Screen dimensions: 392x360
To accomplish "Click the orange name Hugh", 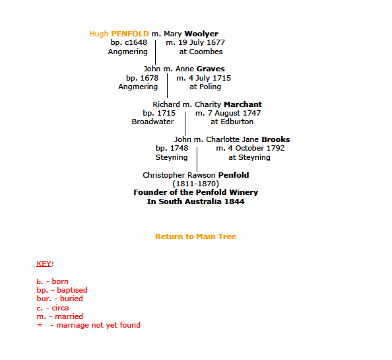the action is pos(99,34).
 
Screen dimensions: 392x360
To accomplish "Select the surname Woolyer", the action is pos(201,34).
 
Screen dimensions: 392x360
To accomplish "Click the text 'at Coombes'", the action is pos(201,52).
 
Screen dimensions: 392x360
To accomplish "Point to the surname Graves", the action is pos(211,69).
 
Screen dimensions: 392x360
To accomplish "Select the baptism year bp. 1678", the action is pos(143,78).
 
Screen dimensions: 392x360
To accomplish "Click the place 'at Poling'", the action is pos(205,87).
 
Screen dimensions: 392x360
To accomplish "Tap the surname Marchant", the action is pos(243,104).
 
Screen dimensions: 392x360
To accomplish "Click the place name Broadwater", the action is pos(152,122).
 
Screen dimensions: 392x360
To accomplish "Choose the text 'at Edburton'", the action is pos(232,122).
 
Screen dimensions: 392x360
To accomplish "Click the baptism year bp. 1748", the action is pos(172,148).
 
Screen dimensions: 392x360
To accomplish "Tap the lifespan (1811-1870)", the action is pos(196,184).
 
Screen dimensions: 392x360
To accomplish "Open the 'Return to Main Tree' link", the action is pos(195,236).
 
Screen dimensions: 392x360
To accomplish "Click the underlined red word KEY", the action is pos(44,264).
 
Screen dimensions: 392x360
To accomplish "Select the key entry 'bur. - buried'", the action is pos(60,299).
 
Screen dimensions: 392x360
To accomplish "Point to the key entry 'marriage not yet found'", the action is pos(98,325).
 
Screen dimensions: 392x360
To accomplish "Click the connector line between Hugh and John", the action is pos(156,53).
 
